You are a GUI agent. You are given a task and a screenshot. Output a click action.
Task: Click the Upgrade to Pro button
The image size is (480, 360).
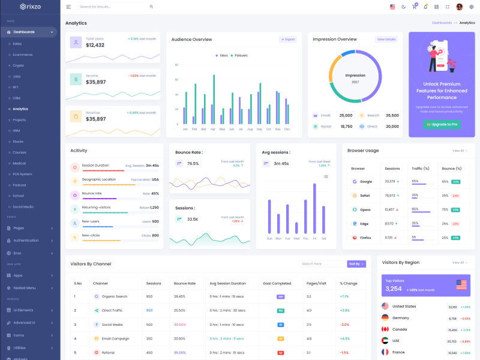442,124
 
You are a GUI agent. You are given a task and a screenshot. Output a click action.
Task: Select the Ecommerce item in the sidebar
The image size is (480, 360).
23,55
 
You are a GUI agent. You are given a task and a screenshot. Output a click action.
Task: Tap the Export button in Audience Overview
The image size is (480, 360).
288,40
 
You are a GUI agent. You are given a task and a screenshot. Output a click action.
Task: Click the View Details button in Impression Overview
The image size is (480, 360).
386,40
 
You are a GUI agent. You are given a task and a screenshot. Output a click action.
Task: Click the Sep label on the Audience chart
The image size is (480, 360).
259,129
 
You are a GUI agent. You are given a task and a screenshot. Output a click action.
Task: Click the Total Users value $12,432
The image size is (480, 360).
95,46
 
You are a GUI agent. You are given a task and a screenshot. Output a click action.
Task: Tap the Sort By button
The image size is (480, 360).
356,264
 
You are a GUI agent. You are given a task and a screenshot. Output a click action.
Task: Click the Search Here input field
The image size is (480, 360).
321,264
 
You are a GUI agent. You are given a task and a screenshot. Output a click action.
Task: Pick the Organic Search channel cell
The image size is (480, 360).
114,296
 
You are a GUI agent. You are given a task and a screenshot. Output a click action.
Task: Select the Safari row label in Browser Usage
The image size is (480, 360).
364,196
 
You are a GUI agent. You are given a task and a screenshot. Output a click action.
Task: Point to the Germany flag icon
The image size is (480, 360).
385,318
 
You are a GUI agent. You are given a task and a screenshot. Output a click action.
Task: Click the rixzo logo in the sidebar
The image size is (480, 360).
30,7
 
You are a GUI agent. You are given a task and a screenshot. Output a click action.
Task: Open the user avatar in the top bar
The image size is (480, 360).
460,7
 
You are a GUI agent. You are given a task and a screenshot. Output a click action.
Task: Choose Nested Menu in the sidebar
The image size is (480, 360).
25,288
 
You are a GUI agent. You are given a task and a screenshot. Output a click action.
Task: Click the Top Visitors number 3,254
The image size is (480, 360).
394,289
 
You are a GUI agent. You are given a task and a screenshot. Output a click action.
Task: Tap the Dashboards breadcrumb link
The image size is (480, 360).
442,23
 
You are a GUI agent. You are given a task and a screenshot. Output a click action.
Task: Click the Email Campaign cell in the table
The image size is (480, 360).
115,338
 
